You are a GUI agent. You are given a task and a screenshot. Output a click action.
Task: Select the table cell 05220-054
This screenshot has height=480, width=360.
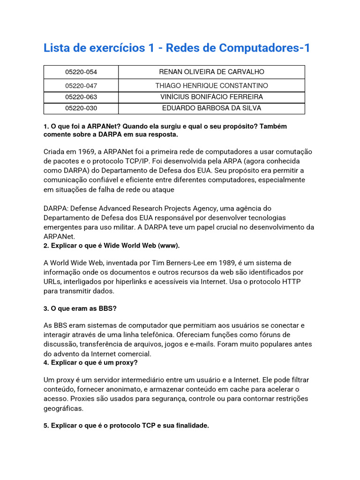coord(81,72)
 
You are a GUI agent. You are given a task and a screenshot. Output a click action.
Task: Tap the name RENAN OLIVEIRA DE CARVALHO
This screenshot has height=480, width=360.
coord(211,72)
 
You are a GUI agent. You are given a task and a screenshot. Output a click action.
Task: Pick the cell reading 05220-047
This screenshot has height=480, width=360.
coord(81,86)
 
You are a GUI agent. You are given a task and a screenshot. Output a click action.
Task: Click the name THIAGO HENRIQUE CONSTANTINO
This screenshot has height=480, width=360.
coord(211,86)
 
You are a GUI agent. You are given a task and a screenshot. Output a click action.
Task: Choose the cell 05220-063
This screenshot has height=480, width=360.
coord(81,97)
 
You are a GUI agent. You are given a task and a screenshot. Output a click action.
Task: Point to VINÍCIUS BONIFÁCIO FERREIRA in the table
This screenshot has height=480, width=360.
coord(211,97)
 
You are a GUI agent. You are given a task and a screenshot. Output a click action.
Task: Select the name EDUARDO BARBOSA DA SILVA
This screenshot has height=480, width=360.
coord(211,108)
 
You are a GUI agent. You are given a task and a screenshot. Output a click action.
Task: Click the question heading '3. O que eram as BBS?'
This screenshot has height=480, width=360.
coord(80,308)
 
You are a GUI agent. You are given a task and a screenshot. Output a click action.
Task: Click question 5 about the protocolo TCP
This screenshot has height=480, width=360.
coord(126,426)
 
